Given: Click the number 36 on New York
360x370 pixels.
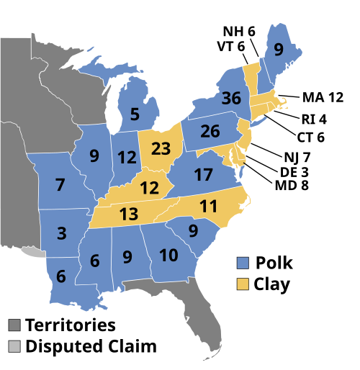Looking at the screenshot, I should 231,99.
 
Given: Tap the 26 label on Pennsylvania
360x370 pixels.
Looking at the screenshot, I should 210,132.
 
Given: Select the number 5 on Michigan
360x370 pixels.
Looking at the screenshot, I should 135,114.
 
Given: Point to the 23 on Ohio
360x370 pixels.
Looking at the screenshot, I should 161,150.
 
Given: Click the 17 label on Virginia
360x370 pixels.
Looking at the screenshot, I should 203,175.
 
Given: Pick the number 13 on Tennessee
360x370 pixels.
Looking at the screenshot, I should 129,214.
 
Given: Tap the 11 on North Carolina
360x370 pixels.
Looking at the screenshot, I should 208,207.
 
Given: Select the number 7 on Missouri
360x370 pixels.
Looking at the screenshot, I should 60,185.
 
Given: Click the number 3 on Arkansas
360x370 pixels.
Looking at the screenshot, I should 62,233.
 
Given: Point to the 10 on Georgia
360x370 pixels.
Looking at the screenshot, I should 168,256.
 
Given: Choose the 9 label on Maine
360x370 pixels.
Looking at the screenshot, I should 279,50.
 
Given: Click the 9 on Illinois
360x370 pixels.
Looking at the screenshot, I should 94,155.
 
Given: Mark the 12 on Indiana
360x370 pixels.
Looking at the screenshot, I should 127,157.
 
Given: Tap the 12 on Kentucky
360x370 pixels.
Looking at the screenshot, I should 149,189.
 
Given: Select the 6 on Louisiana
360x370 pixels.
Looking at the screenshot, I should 60,276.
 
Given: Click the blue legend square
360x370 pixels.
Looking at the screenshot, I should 243,263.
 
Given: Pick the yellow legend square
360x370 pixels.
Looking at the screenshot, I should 243,284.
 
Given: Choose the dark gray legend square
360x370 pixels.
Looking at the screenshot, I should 14,325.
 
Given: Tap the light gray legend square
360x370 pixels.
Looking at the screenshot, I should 14,346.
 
